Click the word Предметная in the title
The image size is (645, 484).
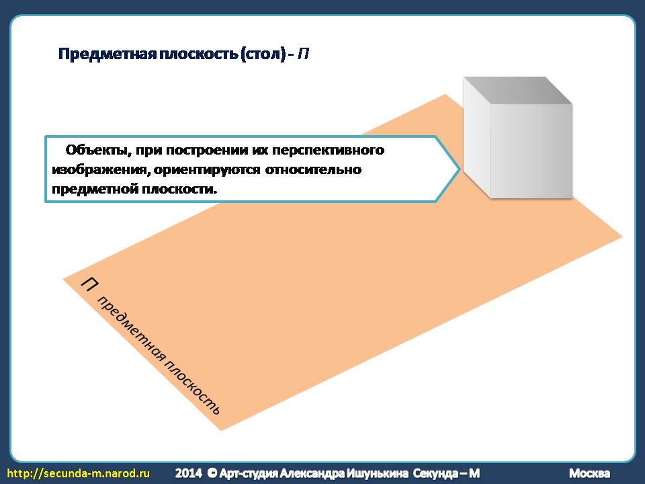click(107, 54)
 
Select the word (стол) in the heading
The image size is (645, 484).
click(263, 54)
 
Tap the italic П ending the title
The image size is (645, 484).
click(303, 54)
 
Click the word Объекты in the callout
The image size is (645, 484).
click(98, 150)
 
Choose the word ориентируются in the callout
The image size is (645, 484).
click(207, 170)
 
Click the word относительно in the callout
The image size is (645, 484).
click(313, 169)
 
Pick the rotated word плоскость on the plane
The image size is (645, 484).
click(193, 384)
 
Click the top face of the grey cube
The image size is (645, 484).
click(517, 90)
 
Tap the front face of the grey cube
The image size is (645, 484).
click(531, 151)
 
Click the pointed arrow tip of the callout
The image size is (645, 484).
click(459, 169)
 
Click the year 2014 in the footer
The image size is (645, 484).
click(188, 473)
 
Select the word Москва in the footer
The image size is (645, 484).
click(589, 473)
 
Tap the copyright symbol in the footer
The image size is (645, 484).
click(212, 473)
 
